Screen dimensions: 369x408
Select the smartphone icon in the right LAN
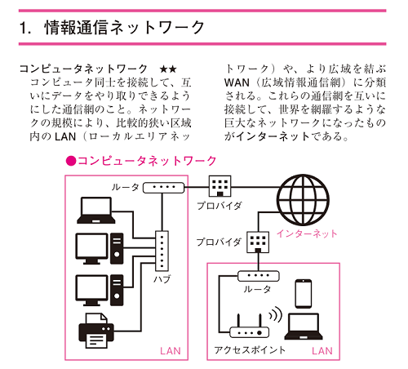pos(304,292)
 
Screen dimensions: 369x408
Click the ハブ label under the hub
pos(162,279)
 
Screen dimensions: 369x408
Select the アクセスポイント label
pos(249,350)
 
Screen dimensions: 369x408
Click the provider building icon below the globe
pos(258,242)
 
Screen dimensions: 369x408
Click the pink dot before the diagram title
pos(71,161)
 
